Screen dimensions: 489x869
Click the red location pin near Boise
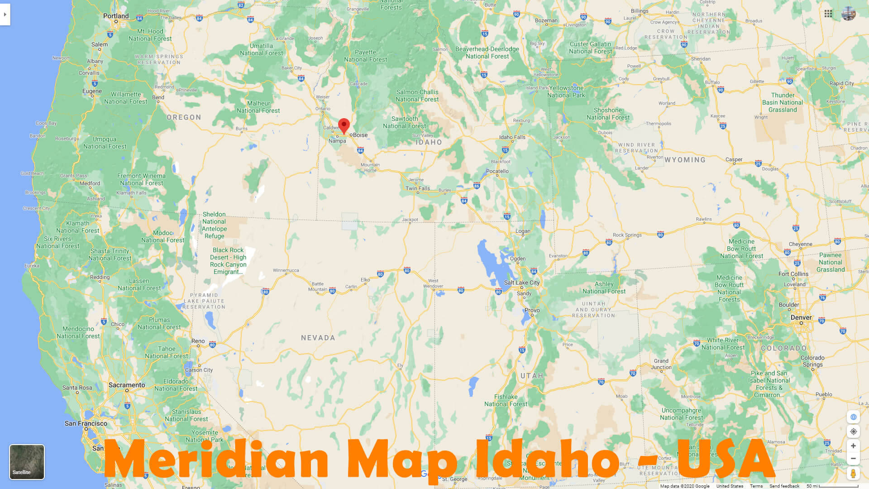point(344,125)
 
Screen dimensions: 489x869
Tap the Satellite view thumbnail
point(27,461)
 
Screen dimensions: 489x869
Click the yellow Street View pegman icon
point(853,474)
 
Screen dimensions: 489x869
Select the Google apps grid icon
point(828,14)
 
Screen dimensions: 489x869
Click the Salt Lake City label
point(522,283)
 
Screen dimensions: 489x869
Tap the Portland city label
point(116,16)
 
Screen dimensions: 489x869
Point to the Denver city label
point(801,317)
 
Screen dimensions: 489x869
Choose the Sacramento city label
point(127,385)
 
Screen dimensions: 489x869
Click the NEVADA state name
point(318,338)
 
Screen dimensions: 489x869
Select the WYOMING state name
point(685,160)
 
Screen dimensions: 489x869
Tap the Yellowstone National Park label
point(566,91)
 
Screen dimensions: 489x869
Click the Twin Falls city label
point(418,188)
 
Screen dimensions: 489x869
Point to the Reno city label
point(198,341)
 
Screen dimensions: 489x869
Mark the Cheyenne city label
point(800,244)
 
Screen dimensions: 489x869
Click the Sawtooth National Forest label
point(405,122)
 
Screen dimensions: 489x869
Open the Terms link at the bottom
point(756,486)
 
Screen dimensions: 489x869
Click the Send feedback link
point(784,486)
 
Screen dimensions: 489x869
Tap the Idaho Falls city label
point(512,137)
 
